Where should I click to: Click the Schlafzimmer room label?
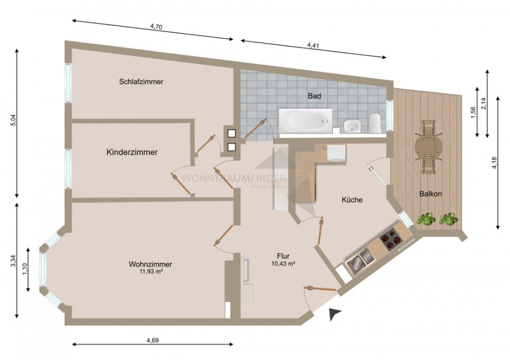click(x=141, y=81)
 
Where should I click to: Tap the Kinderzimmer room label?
click(x=132, y=152)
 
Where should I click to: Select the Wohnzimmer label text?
click(x=150, y=264)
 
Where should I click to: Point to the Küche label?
click(x=352, y=200)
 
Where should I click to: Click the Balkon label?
click(x=430, y=194)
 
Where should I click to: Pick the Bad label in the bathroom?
click(x=314, y=96)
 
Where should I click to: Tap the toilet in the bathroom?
click(x=375, y=122)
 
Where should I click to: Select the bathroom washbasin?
click(x=351, y=126)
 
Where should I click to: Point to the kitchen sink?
click(x=358, y=260)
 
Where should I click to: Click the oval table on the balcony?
click(x=429, y=147)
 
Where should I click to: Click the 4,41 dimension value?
click(x=314, y=45)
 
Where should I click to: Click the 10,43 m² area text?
click(x=283, y=264)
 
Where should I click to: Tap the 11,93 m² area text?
click(x=150, y=271)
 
